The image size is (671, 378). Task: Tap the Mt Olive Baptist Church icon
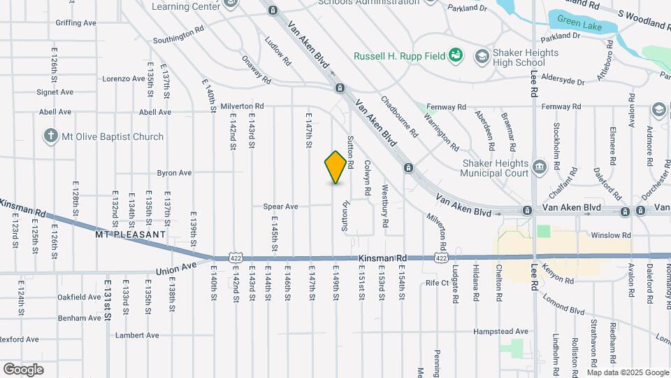coord(50,136)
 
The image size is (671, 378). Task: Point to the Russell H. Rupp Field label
coord(400,56)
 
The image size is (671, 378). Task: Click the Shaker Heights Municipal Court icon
coord(539,167)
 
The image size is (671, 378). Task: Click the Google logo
coord(23,370)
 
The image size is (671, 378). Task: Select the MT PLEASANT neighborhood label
coord(131,234)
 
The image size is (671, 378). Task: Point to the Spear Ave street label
coord(280,206)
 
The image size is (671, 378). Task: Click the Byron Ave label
coord(174,172)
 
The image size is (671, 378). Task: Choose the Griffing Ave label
coord(76,23)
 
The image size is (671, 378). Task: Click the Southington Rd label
coord(178,36)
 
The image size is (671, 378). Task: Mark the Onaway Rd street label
coord(257,70)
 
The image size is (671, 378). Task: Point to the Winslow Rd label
coord(611,236)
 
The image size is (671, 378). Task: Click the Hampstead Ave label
coord(501,331)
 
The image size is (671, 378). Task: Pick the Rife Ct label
coord(437,283)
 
